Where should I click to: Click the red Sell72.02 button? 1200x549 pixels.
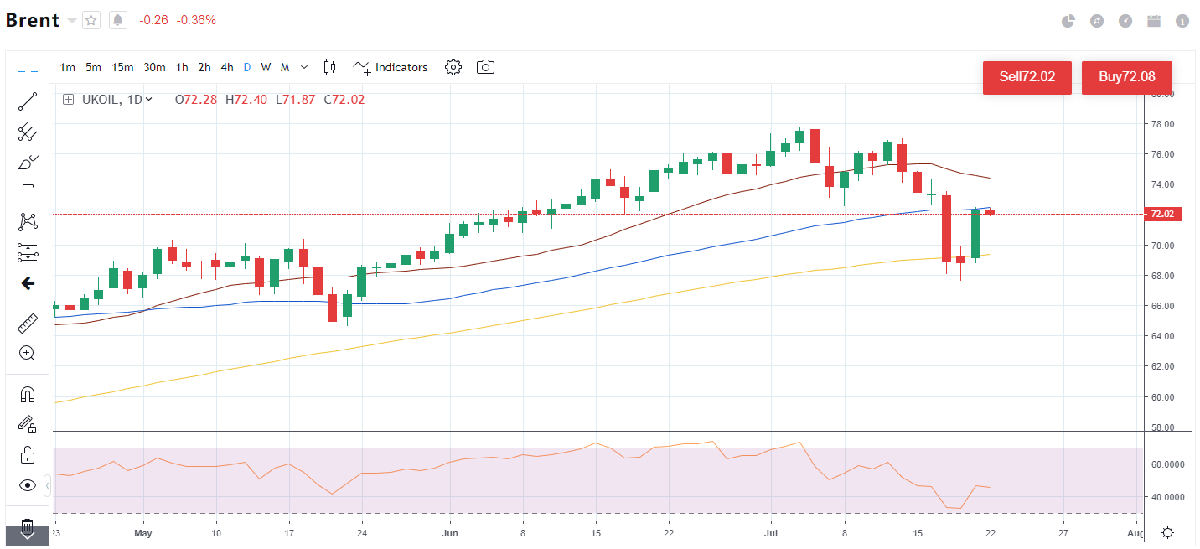pos(1027,77)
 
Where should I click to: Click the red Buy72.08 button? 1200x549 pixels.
pos(1127,77)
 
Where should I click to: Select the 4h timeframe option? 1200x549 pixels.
pos(227,67)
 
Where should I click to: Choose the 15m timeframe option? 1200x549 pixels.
pos(122,67)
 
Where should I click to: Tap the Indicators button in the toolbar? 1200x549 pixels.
pos(391,67)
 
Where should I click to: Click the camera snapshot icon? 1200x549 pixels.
pos(485,67)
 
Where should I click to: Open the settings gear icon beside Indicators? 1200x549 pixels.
pos(453,67)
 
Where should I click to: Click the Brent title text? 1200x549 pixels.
pos(33,20)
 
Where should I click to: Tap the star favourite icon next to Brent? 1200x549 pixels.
pos(91,20)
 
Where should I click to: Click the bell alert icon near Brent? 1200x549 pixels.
pos(118,20)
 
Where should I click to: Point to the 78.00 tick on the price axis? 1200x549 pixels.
pos(1161,124)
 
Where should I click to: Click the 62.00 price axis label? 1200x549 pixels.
pos(1161,366)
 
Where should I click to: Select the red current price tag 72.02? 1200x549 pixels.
pos(1161,214)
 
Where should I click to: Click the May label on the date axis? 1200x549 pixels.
pos(142,533)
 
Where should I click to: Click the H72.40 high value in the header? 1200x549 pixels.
pos(245,100)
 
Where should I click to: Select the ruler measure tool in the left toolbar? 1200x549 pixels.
pos(28,323)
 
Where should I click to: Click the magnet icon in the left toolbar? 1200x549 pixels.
pos(28,394)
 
